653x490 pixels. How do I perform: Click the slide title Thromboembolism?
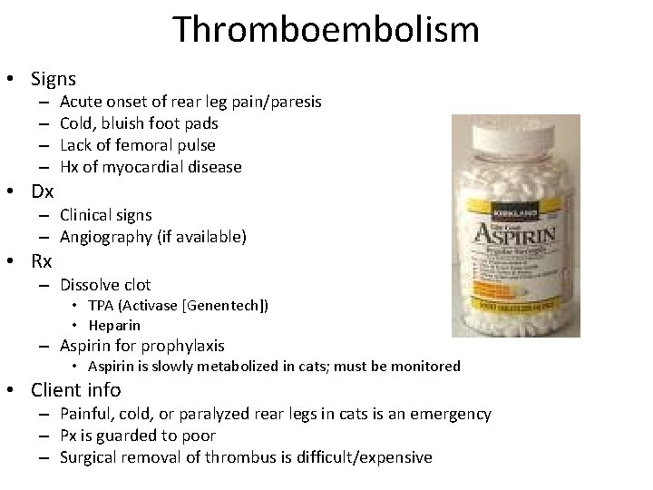(x=326, y=29)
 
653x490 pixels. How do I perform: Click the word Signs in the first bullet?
(x=54, y=79)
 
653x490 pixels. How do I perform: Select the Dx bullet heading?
(x=43, y=191)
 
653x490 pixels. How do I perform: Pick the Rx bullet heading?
(x=42, y=262)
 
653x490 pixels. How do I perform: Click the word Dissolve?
(x=91, y=285)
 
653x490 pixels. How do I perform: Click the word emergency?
(x=450, y=414)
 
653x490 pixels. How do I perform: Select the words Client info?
(x=75, y=390)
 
